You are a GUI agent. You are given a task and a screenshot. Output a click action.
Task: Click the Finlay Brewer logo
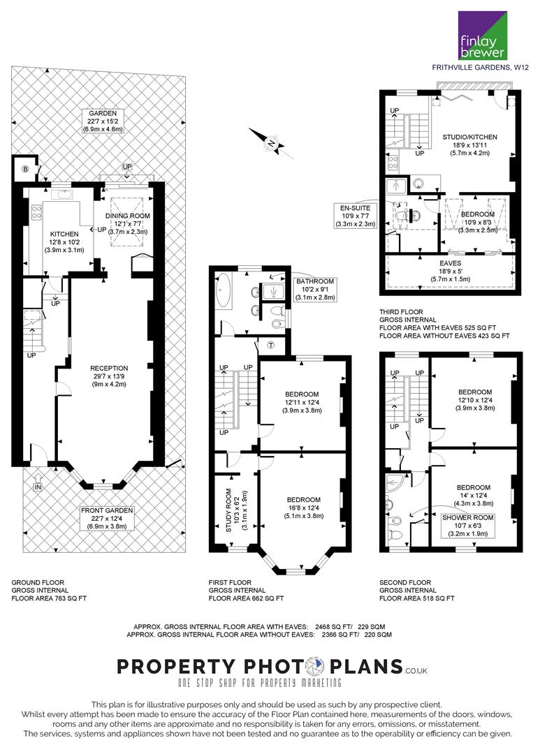482,36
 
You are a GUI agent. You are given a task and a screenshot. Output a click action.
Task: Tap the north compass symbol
272,143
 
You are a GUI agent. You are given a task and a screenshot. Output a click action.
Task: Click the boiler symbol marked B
25,168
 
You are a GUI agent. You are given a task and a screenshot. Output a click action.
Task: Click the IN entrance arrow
38,483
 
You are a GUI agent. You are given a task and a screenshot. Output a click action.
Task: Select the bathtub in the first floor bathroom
224,290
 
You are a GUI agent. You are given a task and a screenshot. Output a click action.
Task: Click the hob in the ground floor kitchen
36,212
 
